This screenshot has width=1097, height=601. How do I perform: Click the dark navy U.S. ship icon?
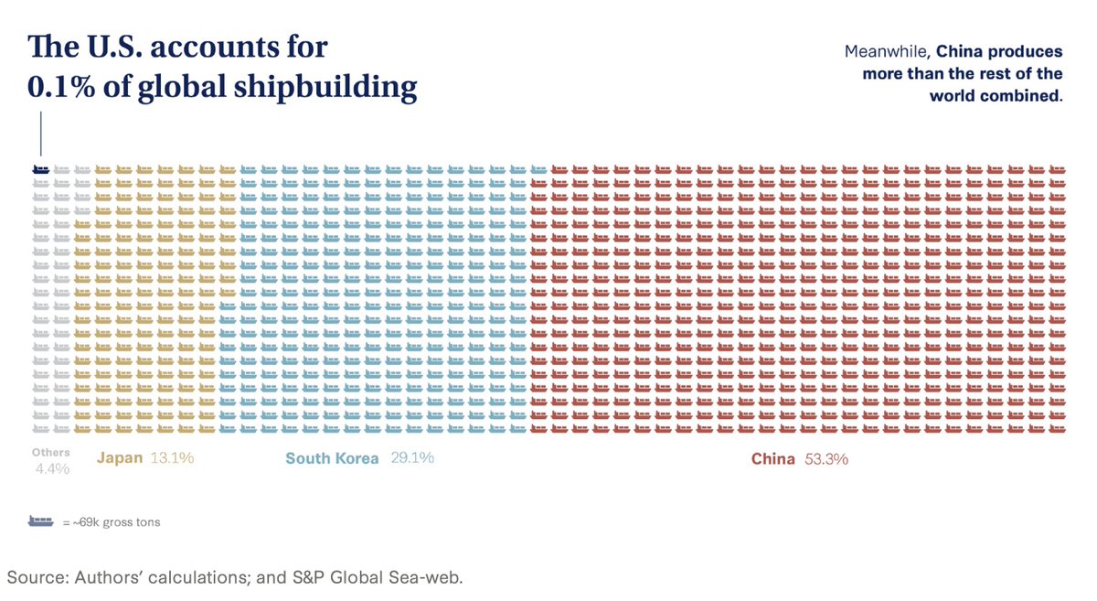[x=40, y=169]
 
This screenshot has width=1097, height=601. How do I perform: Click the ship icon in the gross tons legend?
[x=40, y=521]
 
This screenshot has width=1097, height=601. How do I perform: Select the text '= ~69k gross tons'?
[x=112, y=522]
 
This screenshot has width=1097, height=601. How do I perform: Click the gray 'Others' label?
[x=50, y=452]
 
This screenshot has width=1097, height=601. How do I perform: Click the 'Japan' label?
[x=120, y=458]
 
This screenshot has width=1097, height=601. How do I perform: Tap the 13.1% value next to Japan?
[x=172, y=458]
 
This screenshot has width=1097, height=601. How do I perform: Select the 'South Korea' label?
[x=332, y=458]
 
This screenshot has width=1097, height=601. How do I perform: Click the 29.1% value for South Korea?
[x=412, y=458]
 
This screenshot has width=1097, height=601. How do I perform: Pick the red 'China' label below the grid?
[x=773, y=459]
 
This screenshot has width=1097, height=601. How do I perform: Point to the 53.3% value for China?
[x=826, y=459]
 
